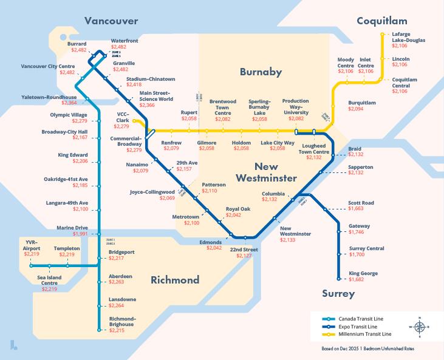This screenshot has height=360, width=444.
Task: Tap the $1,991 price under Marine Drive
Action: tap(80, 234)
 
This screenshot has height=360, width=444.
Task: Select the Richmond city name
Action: tap(175, 280)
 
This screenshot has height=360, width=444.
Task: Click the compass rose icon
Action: tap(420, 326)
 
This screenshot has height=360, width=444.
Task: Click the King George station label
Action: tap(363, 274)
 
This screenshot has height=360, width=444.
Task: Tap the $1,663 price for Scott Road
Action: tap(357, 209)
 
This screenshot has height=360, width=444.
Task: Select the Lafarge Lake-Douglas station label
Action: tap(408, 37)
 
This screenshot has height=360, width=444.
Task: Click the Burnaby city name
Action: tap(261, 72)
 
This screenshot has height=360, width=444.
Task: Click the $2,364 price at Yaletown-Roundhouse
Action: tap(67, 103)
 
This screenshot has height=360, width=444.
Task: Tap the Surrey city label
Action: tap(338, 294)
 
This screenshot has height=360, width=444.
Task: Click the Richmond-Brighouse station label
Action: tap(122, 321)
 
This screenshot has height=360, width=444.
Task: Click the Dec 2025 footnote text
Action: tap(376, 350)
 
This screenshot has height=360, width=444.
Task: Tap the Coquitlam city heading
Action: tap(385, 21)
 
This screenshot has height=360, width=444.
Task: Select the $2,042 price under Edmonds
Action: tap(214, 248)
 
